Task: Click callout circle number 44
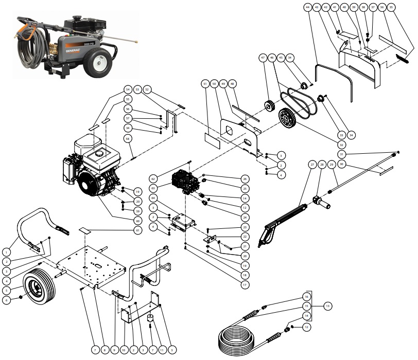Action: [307, 8]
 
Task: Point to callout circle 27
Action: [312, 164]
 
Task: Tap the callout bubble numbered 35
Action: [406, 8]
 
